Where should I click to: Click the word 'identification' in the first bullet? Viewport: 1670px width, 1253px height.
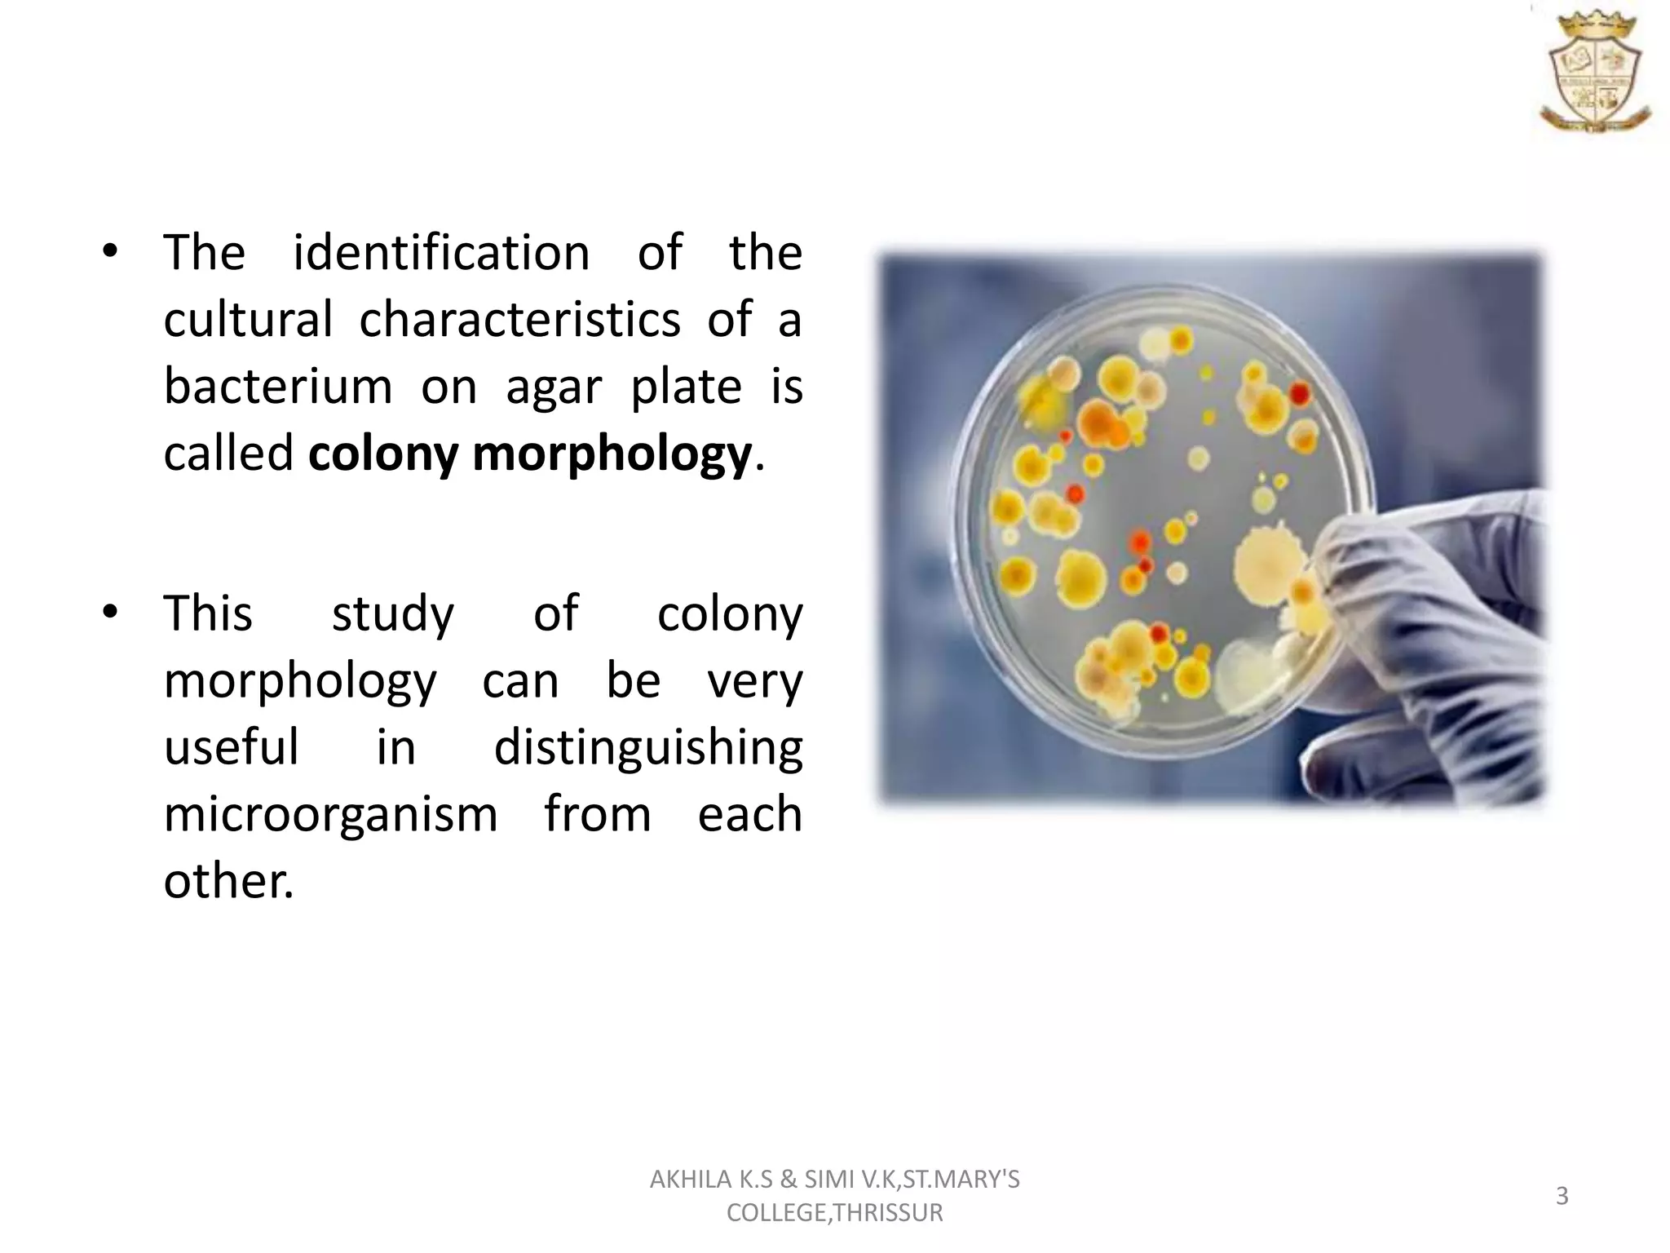(x=441, y=252)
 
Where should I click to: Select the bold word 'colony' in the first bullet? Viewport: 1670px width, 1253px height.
(x=382, y=454)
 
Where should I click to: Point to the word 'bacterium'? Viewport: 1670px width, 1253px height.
(x=278, y=386)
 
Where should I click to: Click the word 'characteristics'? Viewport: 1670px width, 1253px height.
(x=519, y=319)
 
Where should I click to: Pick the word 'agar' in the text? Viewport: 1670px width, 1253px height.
(x=554, y=387)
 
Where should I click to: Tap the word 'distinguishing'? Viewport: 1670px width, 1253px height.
(x=648, y=748)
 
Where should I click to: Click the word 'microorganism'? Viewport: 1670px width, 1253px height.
(x=330, y=814)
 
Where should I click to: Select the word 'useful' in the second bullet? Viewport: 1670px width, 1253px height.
(x=232, y=746)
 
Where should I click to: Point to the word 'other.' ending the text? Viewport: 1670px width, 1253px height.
(x=228, y=881)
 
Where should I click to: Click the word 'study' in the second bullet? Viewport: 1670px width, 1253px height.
(x=392, y=614)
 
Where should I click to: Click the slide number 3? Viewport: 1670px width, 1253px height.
(x=1562, y=1196)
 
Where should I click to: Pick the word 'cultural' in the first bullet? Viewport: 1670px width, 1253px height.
(x=248, y=319)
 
